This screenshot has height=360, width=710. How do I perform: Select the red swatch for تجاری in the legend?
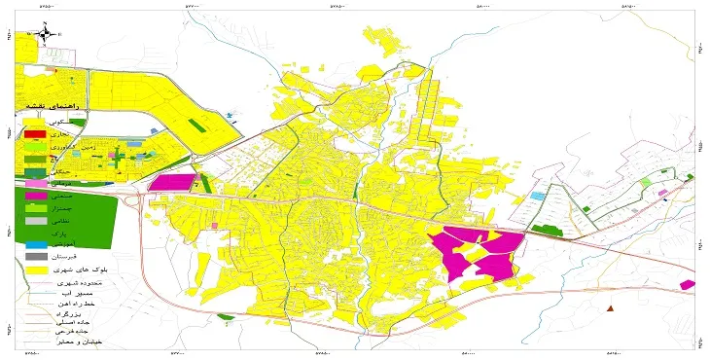[35, 133]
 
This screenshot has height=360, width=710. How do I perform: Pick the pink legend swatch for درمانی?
[35, 183]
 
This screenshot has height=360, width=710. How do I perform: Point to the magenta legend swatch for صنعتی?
[35, 196]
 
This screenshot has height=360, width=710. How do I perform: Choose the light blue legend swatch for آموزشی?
[35, 244]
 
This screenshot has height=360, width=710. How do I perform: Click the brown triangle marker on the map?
[610, 308]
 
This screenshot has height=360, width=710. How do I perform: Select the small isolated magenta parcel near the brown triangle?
[688, 285]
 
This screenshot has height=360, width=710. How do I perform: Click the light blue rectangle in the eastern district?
[537, 197]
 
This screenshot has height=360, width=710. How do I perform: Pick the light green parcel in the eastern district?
[644, 183]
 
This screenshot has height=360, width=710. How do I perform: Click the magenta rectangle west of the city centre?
[172, 182]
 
